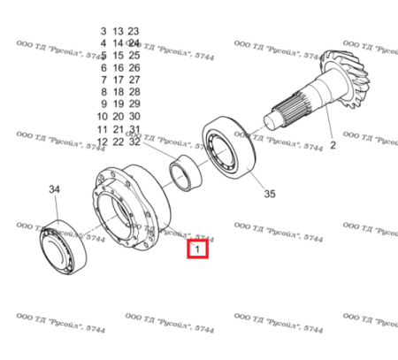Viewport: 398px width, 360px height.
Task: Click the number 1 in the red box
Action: coord(197,249)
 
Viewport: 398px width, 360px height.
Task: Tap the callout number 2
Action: coord(333,144)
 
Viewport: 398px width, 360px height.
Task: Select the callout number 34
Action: coord(55,190)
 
